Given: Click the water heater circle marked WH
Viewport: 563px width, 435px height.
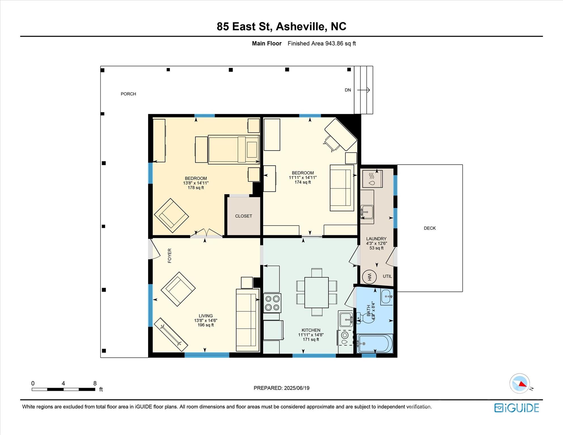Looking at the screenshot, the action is tap(369, 277).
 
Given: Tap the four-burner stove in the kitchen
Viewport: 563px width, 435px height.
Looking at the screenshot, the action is tap(272, 303).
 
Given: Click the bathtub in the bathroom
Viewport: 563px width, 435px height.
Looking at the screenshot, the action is tap(375, 344).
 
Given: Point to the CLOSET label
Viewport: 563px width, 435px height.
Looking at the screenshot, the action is tap(243, 216).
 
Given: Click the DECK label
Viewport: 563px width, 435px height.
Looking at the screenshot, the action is tap(430, 228).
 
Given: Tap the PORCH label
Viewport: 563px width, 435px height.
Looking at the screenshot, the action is tap(128, 94).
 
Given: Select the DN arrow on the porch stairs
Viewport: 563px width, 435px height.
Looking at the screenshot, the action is tap(364, 90).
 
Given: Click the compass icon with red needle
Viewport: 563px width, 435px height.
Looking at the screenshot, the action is tap(520, 383).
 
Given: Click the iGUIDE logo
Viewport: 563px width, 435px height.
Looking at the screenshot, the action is tap(517, 408).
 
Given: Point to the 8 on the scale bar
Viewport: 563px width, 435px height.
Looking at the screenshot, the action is tap(95, 383).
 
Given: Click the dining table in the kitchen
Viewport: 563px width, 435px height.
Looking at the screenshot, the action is tap(316, 293).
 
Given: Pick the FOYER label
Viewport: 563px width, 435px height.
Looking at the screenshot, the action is tap(170, 256).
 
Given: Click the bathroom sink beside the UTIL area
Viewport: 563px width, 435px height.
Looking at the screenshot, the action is tap(387, 297).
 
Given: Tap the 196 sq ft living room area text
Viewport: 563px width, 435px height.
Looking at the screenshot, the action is tap(206, 325).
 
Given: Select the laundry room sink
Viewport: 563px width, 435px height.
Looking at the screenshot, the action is tap(367, 212).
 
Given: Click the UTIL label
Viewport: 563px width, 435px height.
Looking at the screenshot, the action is tap(387, 276).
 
